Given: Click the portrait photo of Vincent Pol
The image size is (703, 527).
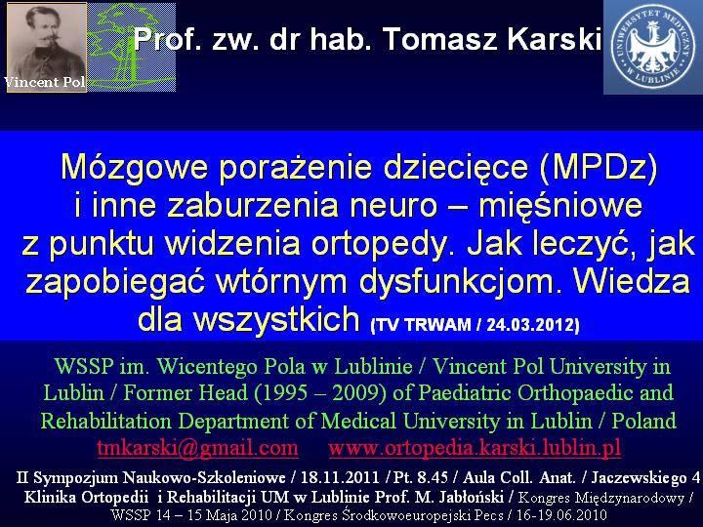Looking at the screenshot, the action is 47,48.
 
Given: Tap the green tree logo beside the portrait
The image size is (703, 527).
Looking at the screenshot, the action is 132,48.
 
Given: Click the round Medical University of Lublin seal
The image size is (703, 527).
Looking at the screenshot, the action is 653,47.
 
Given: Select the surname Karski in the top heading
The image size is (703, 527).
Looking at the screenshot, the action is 555,38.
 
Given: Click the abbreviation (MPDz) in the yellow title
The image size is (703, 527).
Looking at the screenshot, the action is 599,168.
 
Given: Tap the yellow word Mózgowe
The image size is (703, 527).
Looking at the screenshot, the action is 134,168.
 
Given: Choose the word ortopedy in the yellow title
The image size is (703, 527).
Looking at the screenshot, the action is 379,244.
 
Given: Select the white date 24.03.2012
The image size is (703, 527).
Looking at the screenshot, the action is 533,324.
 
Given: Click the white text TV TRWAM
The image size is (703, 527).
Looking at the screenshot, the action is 420,324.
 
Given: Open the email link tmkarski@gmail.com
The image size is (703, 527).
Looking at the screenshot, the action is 197,448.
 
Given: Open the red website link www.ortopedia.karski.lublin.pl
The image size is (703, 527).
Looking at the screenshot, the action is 475,448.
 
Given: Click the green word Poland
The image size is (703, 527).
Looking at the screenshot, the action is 643,421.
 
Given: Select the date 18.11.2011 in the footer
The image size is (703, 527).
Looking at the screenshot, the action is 341,477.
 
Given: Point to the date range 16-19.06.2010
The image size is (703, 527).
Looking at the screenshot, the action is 561,515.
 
